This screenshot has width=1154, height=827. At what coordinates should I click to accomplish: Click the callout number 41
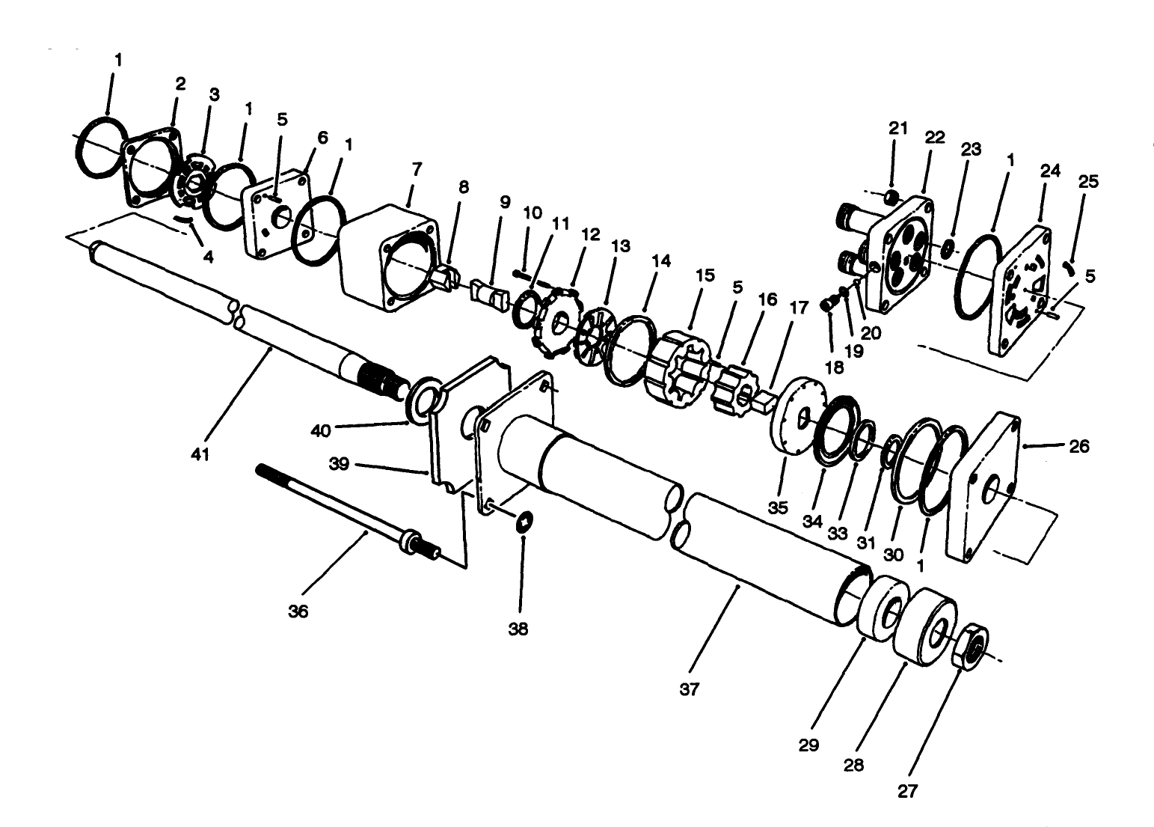pos(199,454)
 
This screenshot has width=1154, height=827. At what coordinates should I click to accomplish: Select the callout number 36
pos(298,611)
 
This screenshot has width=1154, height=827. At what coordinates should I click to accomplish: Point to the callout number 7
pos(417,170)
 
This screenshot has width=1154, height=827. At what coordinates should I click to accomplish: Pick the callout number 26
pos(1079,447)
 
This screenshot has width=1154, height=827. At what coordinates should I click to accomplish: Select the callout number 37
pos(689,689)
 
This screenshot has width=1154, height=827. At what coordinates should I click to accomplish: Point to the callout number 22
pos(935,138)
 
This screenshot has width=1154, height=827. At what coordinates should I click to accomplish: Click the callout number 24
pos(1050,171)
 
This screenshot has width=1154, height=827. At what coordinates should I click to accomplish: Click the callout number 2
pos(180,84)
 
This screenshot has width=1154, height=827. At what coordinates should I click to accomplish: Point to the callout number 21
pos(897,128)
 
